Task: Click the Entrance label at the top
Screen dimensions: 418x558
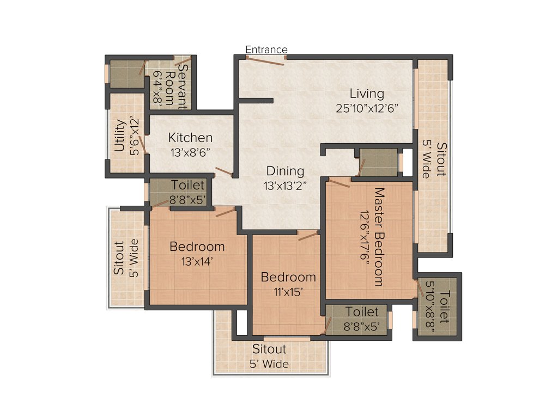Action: tap(266, 50)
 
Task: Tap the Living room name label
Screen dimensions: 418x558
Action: tap(367, 94)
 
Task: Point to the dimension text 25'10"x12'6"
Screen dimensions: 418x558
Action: tap(368, 108)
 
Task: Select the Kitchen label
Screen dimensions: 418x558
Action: tap(190, 137)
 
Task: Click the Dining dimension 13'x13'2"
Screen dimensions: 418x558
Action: tap(285, 186)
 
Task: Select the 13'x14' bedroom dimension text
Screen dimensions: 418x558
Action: tap(197, 261)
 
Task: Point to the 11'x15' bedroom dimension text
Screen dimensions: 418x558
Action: tap(288, 291)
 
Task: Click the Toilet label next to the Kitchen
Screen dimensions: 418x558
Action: tap(188, 186)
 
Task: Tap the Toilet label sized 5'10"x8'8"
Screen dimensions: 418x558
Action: tap(445, 307)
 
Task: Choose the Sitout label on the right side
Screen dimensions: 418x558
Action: tap(441, 159)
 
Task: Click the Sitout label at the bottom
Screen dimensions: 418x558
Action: tap(269, 349)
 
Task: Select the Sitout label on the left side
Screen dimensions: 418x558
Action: tap(119, 257)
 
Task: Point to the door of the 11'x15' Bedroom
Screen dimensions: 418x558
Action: tap(307, 235)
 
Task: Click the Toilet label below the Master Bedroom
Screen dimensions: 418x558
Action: tap(362, 312)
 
